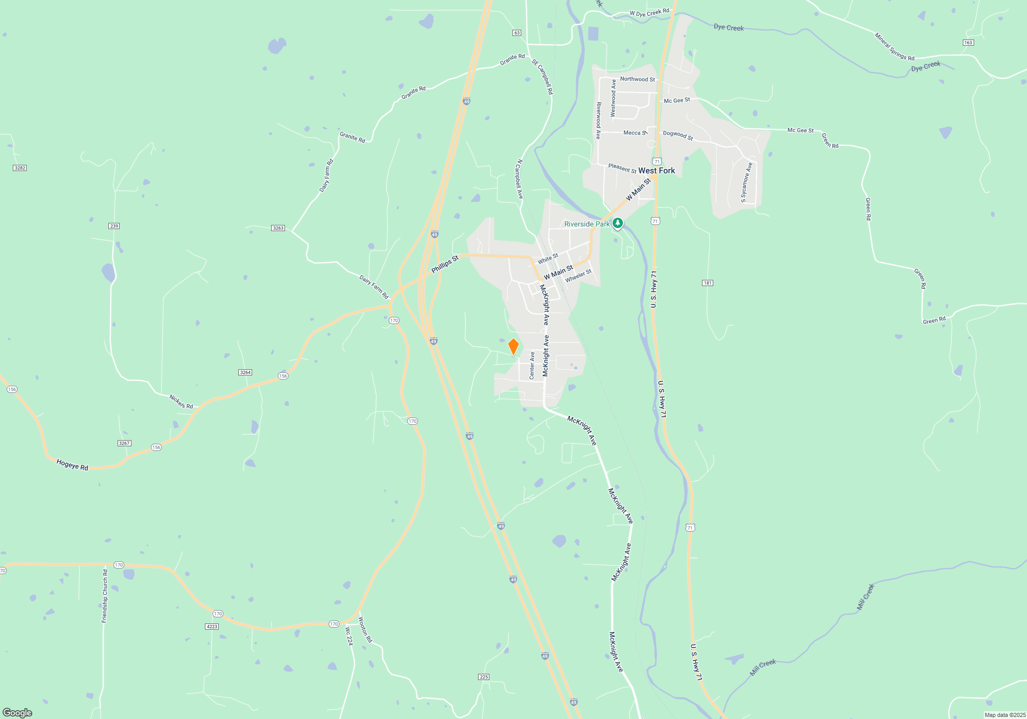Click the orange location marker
click(x=513, y=347)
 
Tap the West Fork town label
click(x=656, y=171)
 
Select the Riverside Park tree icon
click(x=618, y=223)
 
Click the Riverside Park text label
click(x=587, y=224)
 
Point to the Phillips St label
click(x=445, y=264)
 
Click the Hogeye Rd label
click(x=72, y=465)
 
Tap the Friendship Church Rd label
click(x=105, y=596)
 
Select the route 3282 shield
click(x=20, y=168)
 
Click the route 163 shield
click(x=968, y=43)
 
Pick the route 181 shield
click(x=708, y=283)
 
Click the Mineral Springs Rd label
click(x=895, y=47)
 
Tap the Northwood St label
click(x=637, y=79)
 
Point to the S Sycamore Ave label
click(x=746, y=182)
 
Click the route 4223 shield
click(x=212, y=627)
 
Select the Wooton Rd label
click(x=365, y=630)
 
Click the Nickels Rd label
click(x=181, y=402)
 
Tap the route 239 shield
click(x=114, y=226)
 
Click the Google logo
click(x=17, y=713)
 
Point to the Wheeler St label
click(x=578, y=276)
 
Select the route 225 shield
click(x=484, y=677)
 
